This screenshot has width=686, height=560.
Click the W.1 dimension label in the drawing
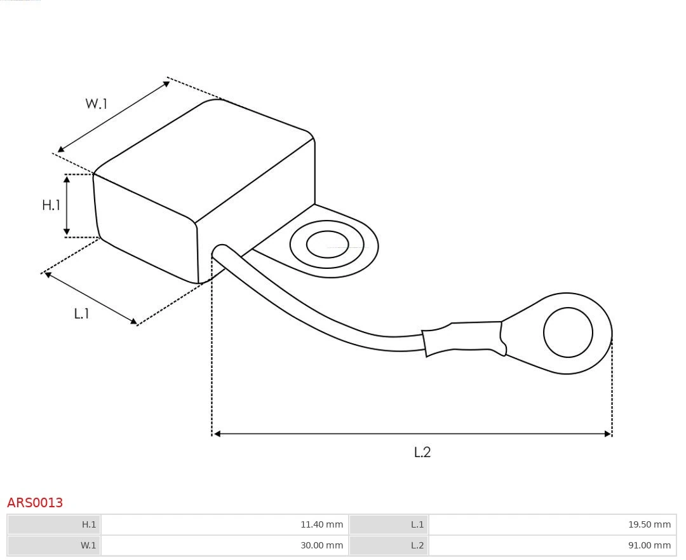[97, 104]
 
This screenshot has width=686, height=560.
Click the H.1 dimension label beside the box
[51, 205]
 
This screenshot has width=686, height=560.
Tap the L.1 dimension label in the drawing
[81, 313]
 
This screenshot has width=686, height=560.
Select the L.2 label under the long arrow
[422, 452]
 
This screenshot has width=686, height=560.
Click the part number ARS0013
[35, 503]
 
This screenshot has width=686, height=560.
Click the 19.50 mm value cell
[551, 524]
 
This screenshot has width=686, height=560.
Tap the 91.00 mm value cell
[551, 545]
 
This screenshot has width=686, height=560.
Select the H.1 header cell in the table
[54, 524]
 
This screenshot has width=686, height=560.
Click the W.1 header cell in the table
[54, 545]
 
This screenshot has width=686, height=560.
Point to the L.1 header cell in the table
[389, 524]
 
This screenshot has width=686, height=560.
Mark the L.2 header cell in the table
[389, 545]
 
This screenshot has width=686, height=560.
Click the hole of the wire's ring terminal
[568, 332]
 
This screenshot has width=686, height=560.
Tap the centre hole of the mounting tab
[327, 245]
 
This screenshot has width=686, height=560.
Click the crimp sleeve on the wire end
[464, 338]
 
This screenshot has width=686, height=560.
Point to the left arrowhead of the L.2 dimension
[217, 434]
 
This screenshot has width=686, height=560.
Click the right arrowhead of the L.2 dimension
[607, 434]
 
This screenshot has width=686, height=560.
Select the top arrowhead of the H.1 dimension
[67, 179]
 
